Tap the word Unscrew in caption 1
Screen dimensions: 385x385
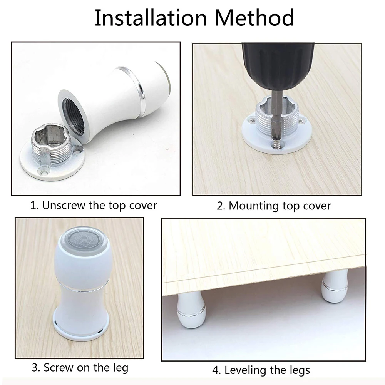64,205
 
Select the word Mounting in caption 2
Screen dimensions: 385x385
254,206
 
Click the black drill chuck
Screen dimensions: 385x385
278,67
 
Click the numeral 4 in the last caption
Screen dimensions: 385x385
216,370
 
